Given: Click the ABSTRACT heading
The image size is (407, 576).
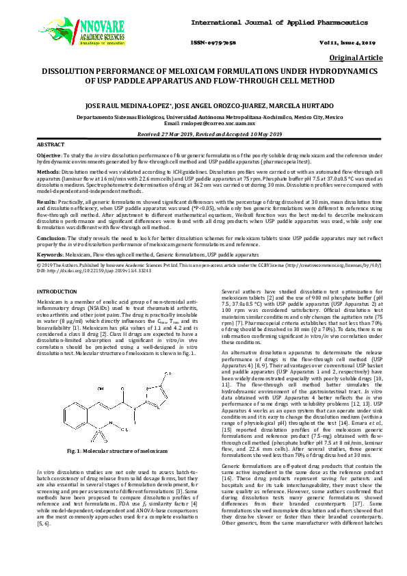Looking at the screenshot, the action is [x=50, y=146].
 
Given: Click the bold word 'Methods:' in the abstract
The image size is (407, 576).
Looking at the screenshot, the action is [x=47, y=172].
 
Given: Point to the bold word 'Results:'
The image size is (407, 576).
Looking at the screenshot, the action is [x=47, y=202].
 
